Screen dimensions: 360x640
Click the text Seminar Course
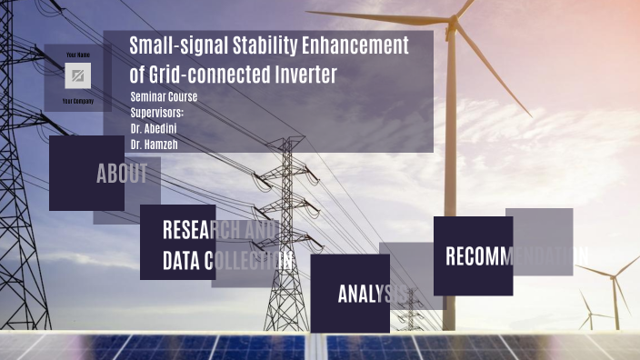(x=164, y=97)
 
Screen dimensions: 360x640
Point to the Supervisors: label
(x=157, y=113)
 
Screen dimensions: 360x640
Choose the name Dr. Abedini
(x=154, y=128)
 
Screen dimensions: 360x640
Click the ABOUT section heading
(x=122, y=175)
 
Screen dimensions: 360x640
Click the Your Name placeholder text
(x=77, y=55)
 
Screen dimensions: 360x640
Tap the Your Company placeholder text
(x=77, y=101)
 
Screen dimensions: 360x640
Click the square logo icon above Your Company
(x=77, y=75)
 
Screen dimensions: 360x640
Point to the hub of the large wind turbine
(x=451, y=20)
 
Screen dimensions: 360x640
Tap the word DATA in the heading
(x=182, y=261)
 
